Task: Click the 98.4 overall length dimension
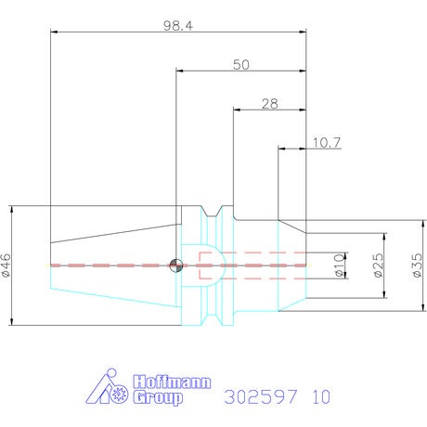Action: point(178,26)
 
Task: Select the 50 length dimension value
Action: point(241,65)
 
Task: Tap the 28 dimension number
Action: point(270,104)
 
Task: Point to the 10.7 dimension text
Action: point(327,143)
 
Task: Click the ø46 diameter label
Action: point(6,265)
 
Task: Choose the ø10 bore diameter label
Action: point(340,265)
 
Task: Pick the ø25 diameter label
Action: point(379,265)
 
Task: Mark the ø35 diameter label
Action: point(417,265)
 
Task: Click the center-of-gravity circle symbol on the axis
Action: point(176,265)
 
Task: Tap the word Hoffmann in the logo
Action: point(172,382)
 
